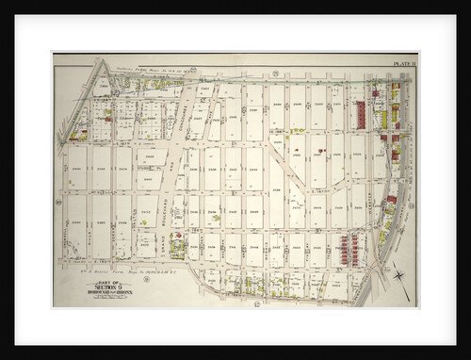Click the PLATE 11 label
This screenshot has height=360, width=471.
tap(404, 62)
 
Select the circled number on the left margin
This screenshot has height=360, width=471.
tap(57, 200)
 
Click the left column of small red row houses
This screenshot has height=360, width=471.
tap(344, 248)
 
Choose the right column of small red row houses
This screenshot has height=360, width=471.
tap(355, 248)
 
